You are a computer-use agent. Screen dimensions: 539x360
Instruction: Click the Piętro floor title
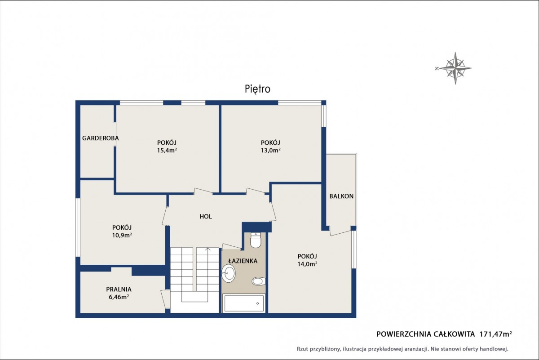[x=257, y=89]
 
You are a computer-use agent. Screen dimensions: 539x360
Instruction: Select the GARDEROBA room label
[x=100, y=138]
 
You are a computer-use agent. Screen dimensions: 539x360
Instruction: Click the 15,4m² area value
[x=167, y=151]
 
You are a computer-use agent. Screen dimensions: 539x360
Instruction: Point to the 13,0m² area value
[x=271, y=151]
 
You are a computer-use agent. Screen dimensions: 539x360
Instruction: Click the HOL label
[x=206, y=217]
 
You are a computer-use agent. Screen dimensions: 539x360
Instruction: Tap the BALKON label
[x=341, y=196]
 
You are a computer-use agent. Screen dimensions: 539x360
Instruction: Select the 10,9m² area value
[x=122, y=235]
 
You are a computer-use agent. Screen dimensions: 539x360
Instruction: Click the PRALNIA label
[x=119, y=289]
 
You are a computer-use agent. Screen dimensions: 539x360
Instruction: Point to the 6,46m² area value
[x=119, y=297]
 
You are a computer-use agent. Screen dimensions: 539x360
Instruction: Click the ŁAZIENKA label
[x=243, y=261]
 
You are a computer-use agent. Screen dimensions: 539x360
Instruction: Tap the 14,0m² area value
[x=307, y=264]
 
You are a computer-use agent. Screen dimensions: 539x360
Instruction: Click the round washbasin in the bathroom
[x=228, y=273]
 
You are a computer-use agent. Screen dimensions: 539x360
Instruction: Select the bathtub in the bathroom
[x=244, y=303]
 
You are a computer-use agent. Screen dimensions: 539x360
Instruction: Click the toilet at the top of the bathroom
[x=255, y=240]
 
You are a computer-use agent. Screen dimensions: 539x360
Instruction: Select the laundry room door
[x=165, y=299]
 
